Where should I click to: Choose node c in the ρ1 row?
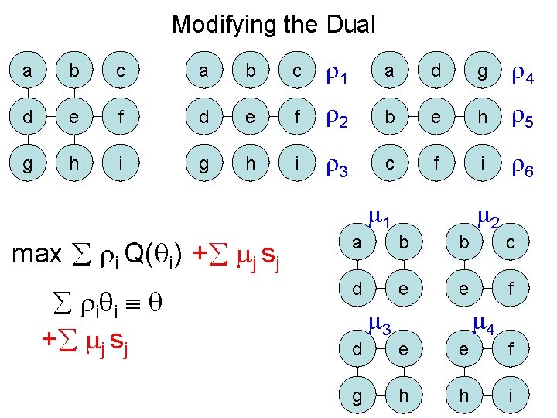point(296,73)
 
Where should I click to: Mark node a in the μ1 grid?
point(356,242)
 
